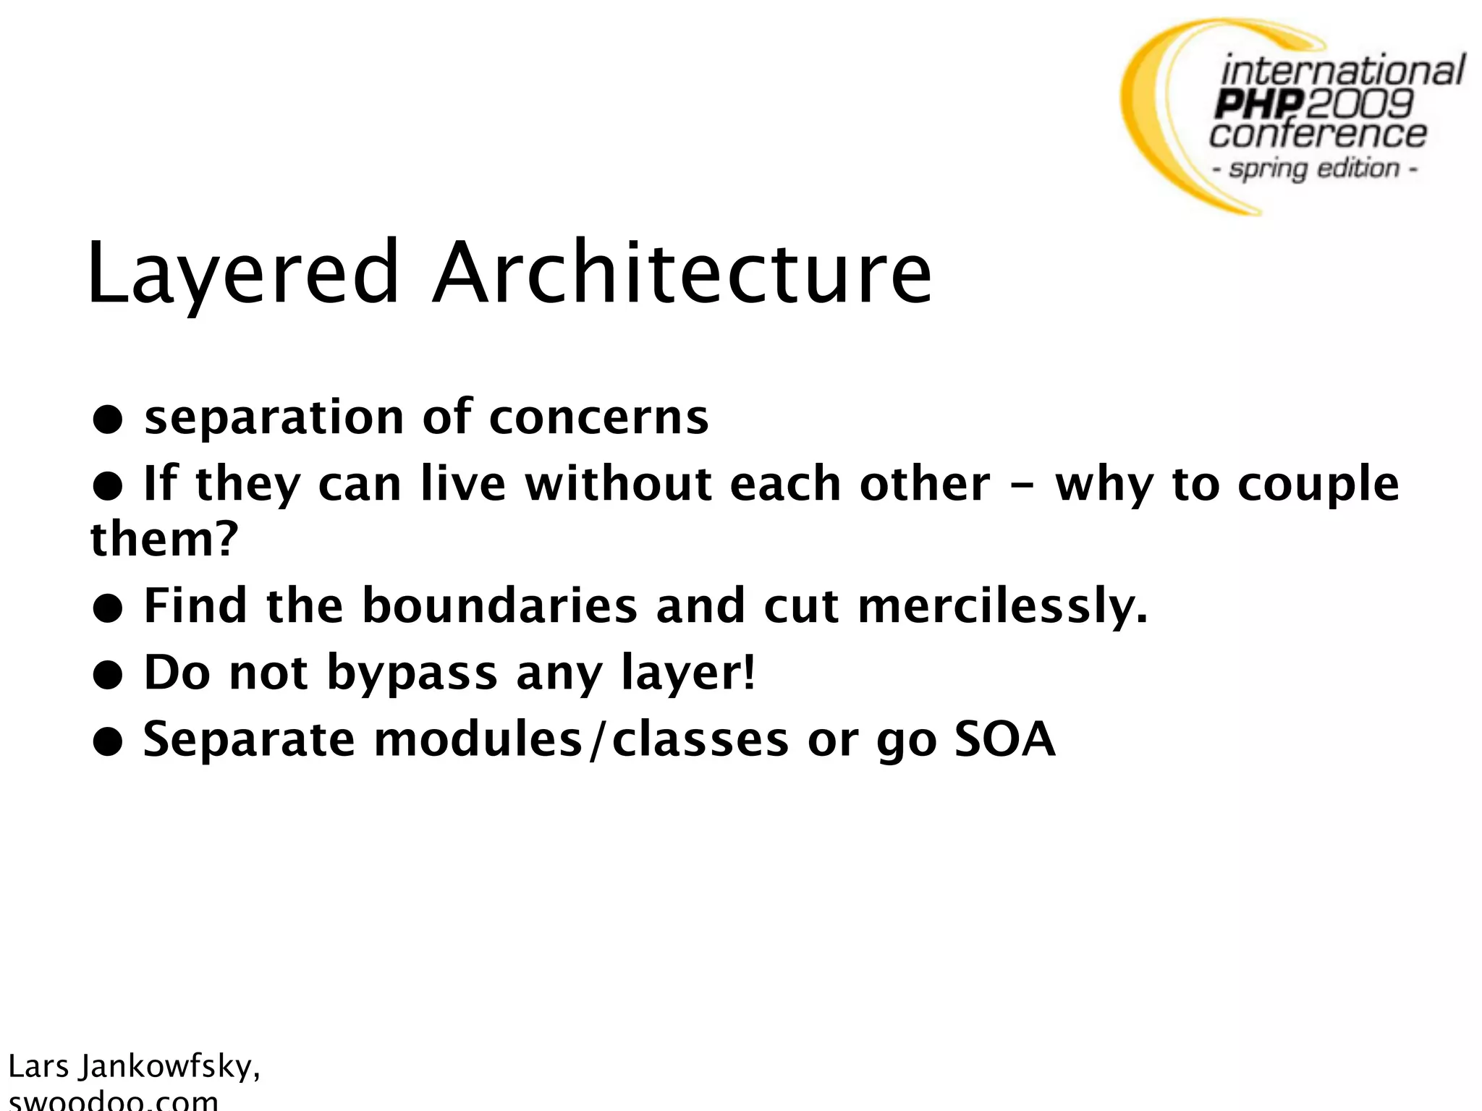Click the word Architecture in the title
(682, 273)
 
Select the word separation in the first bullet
(274, 419)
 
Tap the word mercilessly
(1002, 606)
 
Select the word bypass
(412, 673)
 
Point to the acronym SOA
(1005, 739)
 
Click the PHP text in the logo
(1260, 105)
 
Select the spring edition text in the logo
(1314, 169)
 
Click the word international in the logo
(1342, 72)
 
